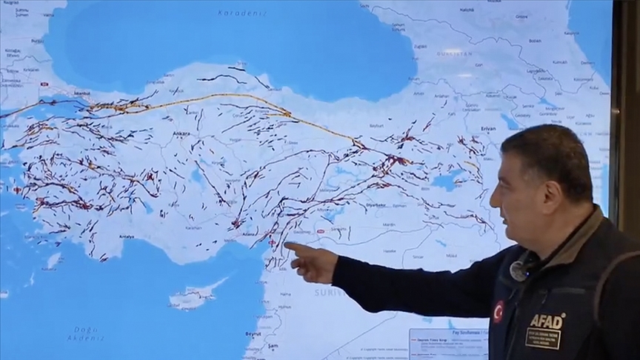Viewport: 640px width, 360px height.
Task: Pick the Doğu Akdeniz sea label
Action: click(x=87, y=334)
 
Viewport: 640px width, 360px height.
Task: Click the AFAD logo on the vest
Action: click(x=547, y=320)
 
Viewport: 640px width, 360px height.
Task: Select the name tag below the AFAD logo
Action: click(x=543, y=339)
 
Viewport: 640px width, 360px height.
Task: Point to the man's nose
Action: click(x=493, y=197)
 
